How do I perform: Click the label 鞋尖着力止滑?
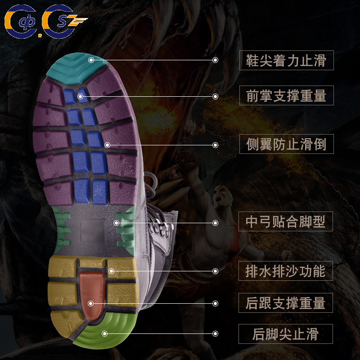pyautogui.click(x=286, y=60)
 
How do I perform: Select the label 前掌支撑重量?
pyautogui.click(x=286, y=95)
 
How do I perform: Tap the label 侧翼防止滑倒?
pyautogui.click(x=286, y=144)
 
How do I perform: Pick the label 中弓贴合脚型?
pyautogui.click(x=286, y=222)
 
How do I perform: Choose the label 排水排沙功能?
pyautogui.click(x=286, y=271)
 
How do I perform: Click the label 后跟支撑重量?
pyautogui.click(x=286, y=303)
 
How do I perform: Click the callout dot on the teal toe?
pyautogui.click(x=91, y=59)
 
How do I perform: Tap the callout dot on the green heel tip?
pyautogui.click(x=104, y=333)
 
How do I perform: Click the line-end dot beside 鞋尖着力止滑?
pyautogui.click(x=216, y=60)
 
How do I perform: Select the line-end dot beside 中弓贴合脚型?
pyautogui.click(x=216, y=222)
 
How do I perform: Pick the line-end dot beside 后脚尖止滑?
pyautogui.click(x=216, y=333)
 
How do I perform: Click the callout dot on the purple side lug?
pyautogui.click(x=107, y=145)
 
